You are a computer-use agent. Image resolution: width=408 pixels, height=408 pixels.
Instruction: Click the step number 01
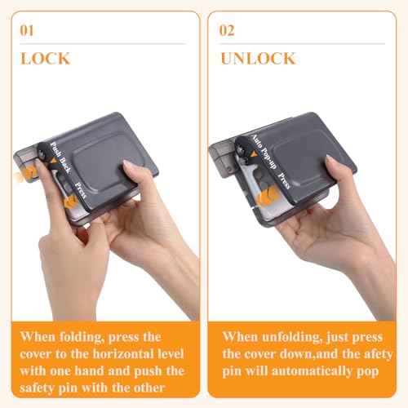tap(27, 32)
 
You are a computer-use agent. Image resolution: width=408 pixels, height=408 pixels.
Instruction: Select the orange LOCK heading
tap(45, 59)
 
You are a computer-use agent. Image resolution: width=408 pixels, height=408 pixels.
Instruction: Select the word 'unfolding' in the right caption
tap(289, 336)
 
